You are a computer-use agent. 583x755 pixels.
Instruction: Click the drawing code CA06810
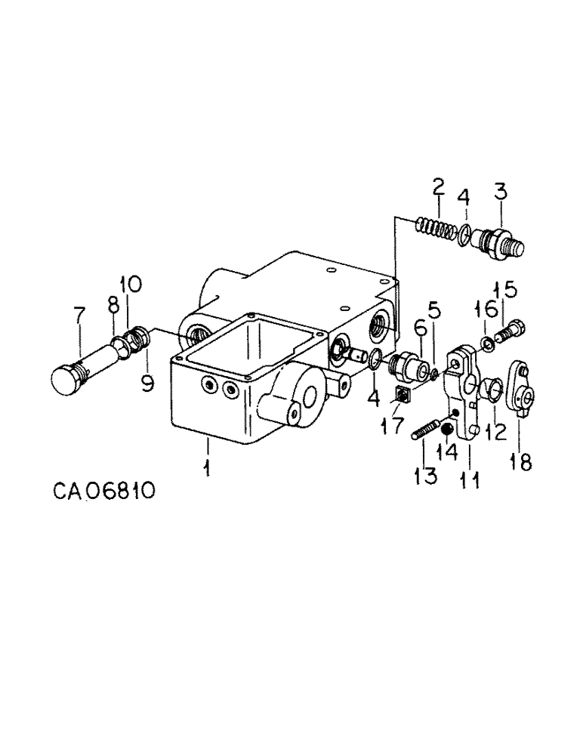[x=105, y=492]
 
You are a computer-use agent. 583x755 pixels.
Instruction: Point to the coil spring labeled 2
[x=435, y=226]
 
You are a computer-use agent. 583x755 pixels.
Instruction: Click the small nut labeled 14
[x=447, y=430]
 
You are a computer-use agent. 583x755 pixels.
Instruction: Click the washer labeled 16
[x=489, y=344]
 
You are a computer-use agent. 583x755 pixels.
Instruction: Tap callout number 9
[x=146, y=383]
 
